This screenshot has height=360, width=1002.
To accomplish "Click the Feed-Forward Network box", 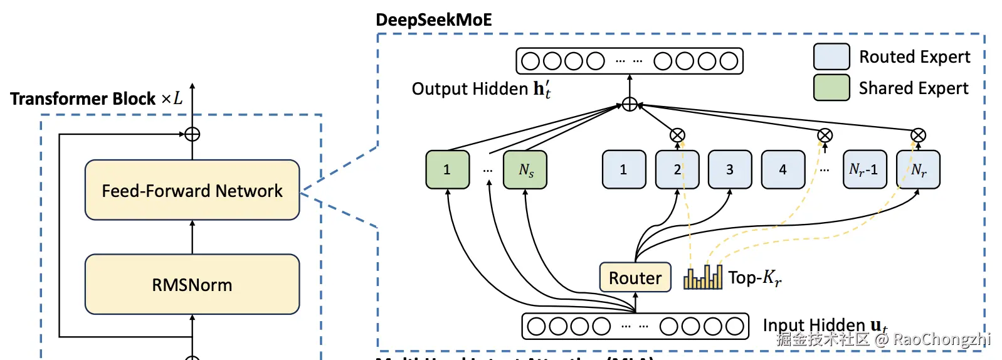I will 192,190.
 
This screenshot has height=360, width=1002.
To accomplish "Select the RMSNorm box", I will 192,284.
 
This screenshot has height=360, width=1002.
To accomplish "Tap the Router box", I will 635,277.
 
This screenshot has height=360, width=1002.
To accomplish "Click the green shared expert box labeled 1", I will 447,169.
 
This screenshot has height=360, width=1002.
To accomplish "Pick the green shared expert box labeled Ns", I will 525,169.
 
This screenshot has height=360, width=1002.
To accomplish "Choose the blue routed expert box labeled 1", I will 623,169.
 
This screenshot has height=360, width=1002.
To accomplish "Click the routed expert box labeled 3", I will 730,169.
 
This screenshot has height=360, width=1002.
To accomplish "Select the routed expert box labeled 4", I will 783,169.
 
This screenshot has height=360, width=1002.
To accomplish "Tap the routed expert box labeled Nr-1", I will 864,169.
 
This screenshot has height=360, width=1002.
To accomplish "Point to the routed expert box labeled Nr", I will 918,169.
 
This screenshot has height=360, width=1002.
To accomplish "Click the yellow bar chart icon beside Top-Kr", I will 703,277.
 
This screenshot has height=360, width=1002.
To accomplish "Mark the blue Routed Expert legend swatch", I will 831,56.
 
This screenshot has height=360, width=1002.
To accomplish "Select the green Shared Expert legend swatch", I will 831,88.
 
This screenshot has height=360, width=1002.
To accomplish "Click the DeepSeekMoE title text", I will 433,20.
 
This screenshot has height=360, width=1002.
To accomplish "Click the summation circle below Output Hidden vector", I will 630,104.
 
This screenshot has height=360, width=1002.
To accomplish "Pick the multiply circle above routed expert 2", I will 677,135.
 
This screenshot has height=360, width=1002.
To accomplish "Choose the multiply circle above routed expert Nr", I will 918,135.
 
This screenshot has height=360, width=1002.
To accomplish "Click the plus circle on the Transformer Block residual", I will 192,134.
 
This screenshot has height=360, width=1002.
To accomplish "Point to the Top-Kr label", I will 755,277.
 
